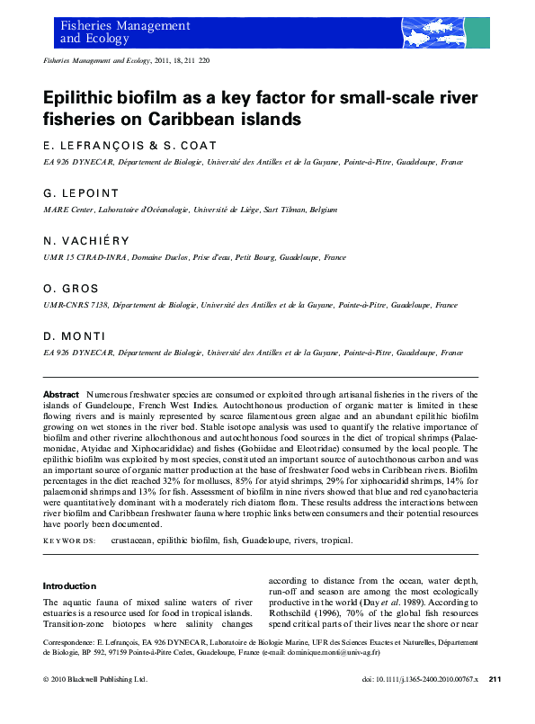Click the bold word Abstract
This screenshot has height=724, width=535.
click(x=61, y=395)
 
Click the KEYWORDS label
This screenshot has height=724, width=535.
click(x=69, y=541)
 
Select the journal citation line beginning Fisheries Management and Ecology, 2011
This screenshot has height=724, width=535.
click(x=126, y=60)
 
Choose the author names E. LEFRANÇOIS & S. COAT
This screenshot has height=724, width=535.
click(x=129, y=146)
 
